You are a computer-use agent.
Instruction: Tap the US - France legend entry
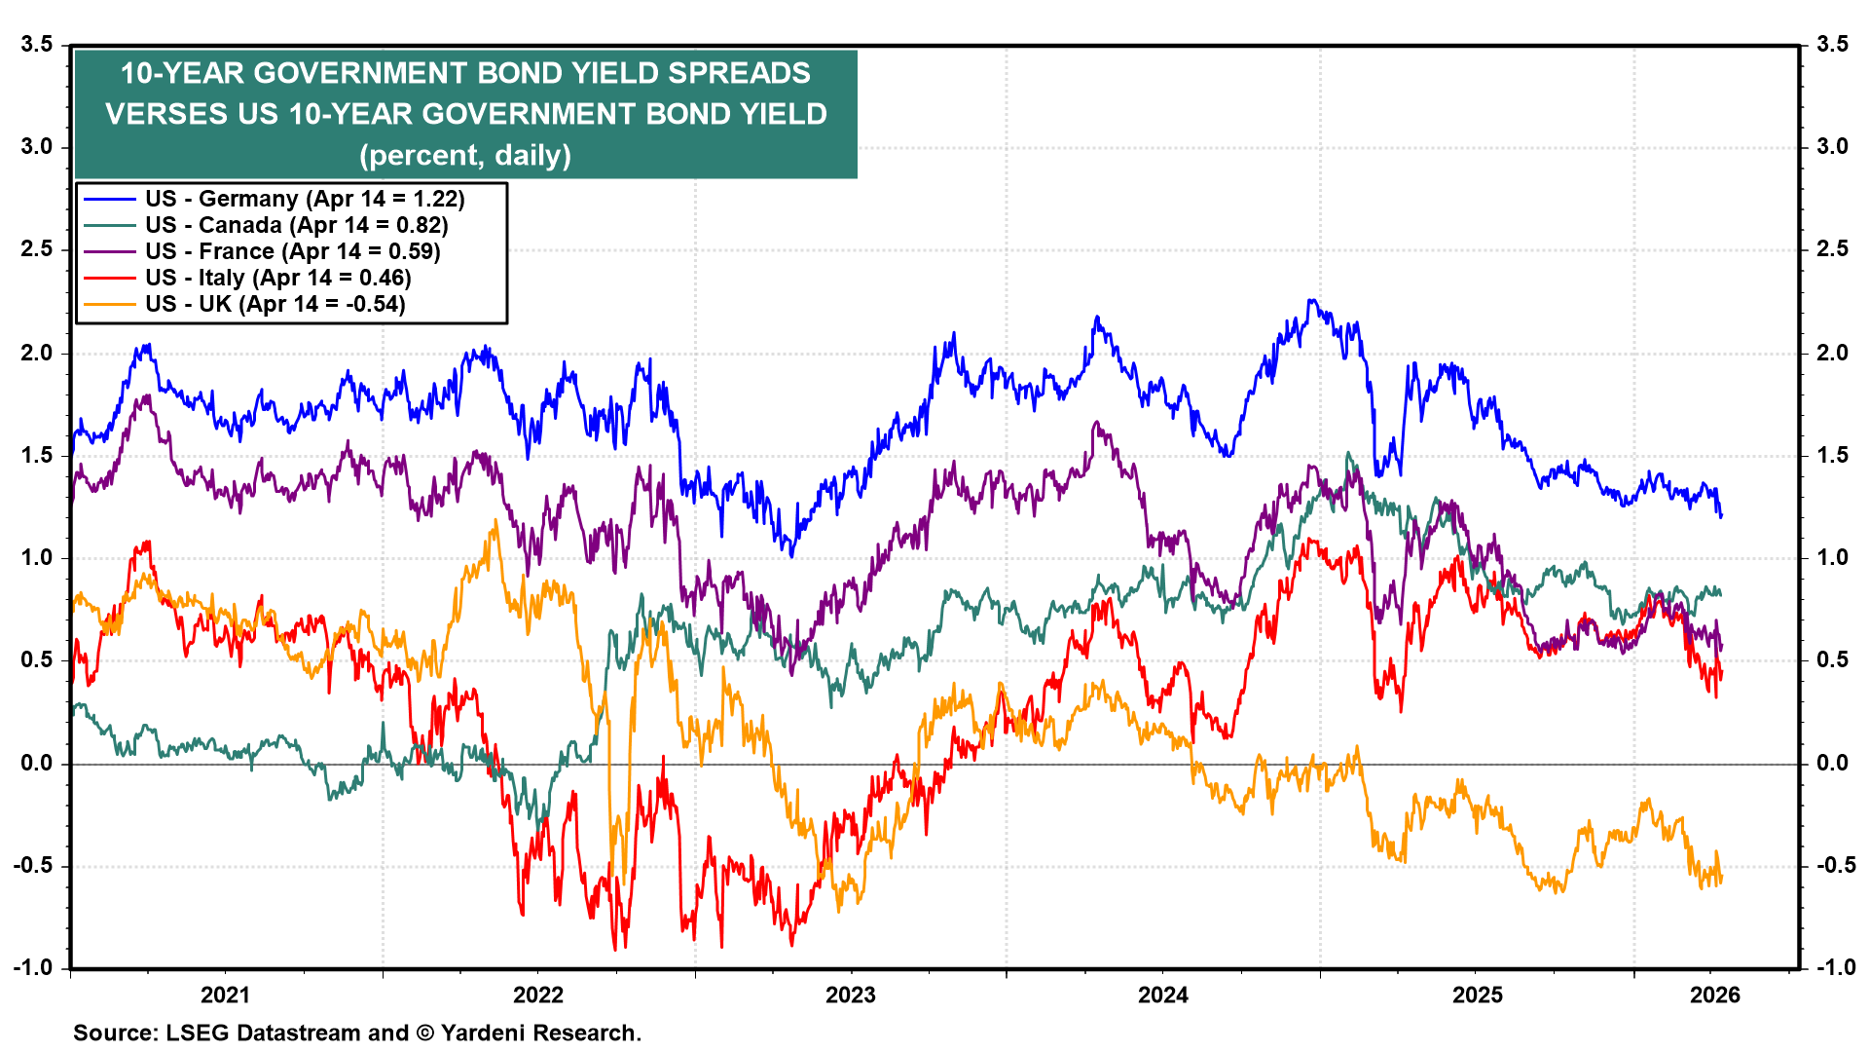[x=292, y=251]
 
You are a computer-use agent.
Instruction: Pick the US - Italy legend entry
[x=278, y=278]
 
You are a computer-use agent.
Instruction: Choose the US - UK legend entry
[x=275, y=304]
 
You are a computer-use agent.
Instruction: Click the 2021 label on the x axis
[x=225, y=995]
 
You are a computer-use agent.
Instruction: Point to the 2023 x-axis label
[x=850, y=995]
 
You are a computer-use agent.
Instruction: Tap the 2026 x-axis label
[x=1714, y=995]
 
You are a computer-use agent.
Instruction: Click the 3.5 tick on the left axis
[x=36, y=44]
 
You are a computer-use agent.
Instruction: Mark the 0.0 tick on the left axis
[x=36, y=763]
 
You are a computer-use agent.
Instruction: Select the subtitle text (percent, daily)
[x=465, y=155]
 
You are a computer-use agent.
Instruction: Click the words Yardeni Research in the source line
[x=540, y=1033]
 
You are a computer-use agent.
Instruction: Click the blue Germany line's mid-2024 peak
[x=1312, y=301]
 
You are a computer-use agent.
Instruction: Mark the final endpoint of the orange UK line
[x=1721, y=880]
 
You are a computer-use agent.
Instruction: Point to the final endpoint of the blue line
[x=1721, y=515]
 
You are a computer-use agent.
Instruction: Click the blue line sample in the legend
[x=109, y=199]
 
